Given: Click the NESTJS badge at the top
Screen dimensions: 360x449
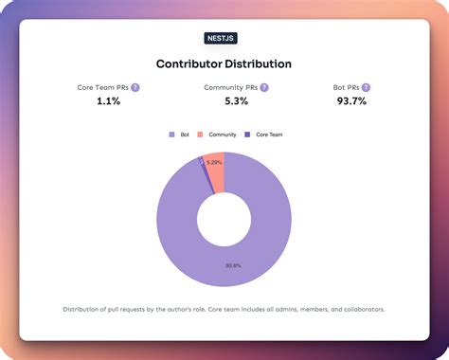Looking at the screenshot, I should (224, 39).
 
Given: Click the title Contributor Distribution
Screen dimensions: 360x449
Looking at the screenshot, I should (224, 63).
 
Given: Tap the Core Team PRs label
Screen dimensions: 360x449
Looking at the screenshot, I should (102, 87).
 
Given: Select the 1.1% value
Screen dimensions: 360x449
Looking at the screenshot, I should (109, 101).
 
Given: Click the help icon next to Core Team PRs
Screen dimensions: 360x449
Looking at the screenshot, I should (135, 87).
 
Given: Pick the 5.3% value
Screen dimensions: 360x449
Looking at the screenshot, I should (224, 101).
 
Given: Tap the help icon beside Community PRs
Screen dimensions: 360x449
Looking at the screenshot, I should (264, 87).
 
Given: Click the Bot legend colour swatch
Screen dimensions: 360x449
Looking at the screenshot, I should (171, 135).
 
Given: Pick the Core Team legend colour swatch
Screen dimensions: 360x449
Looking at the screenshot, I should (248, 135).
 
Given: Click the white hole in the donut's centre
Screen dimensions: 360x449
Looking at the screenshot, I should (224, 220).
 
